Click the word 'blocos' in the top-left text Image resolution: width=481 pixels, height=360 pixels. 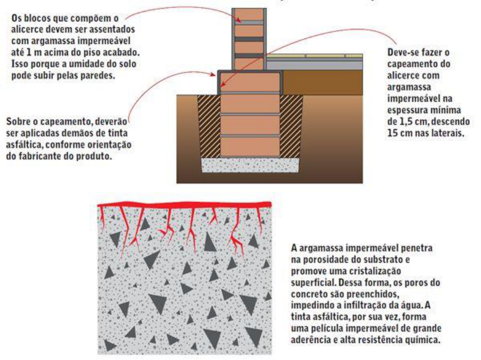click(36, 18)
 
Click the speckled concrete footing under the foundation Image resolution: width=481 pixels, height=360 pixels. click(250, 165)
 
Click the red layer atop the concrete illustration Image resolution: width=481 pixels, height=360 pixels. click(184, 205)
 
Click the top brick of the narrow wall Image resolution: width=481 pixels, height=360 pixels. click(249, 14)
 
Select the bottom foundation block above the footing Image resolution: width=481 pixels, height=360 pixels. click(250, 147)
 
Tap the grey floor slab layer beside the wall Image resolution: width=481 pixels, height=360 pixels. click(314, 65)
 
